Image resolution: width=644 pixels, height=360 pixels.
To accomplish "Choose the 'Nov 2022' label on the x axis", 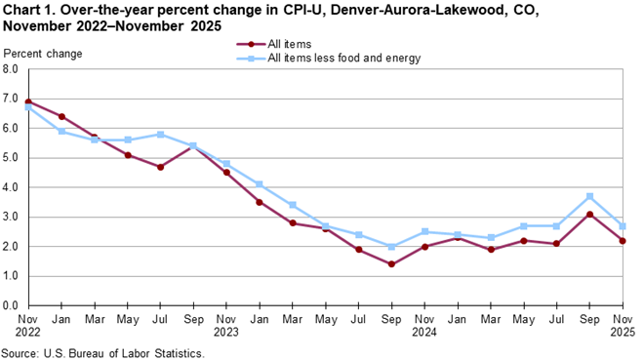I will (26, 324).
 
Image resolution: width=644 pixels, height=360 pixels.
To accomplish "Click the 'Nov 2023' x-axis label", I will (225, 324).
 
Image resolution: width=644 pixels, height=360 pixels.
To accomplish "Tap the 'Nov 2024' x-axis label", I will (424, 324).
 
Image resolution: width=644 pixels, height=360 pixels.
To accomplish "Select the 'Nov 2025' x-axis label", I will (624, 324).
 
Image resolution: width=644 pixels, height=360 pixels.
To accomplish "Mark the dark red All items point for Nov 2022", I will (26, 101).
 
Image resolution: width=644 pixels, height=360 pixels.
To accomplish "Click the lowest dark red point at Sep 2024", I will (391, 264).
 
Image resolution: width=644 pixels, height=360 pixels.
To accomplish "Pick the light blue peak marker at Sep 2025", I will (590, 196).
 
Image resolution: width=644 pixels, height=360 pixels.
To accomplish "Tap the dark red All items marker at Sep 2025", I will (590, 214).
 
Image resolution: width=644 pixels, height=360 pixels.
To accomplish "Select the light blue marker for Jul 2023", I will (159, 135).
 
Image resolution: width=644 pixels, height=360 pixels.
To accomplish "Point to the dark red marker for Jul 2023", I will (159, 167).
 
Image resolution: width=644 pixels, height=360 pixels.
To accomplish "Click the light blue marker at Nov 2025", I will (624, 225).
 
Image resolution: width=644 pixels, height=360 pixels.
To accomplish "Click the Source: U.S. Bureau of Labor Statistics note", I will (103, 352).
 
